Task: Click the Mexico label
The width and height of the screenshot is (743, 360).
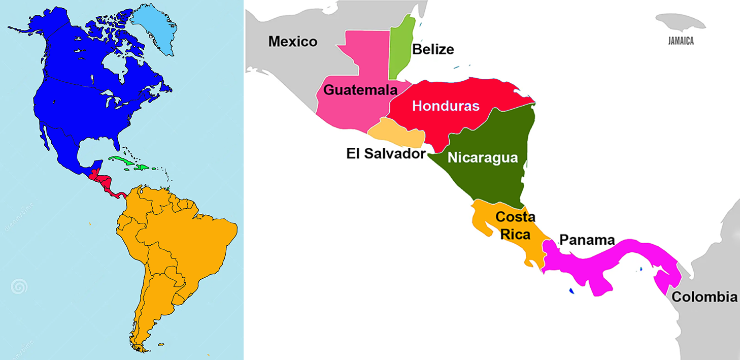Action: point(293,41)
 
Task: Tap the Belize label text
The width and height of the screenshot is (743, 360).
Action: point(433,49)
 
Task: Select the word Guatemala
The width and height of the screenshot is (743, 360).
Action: point(360,90)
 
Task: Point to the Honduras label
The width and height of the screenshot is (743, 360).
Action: point(446,106)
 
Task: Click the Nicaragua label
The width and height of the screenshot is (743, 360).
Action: point(482,157)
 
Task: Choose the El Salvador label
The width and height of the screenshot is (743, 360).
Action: point(386,153)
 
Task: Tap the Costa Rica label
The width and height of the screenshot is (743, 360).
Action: point(515,226)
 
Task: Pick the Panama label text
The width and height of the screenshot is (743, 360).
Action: point(587,240)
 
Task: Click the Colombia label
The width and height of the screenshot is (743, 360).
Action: point(704,297)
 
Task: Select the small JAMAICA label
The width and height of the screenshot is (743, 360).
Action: point(681,42)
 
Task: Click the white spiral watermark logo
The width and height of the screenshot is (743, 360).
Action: point(19,287)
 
